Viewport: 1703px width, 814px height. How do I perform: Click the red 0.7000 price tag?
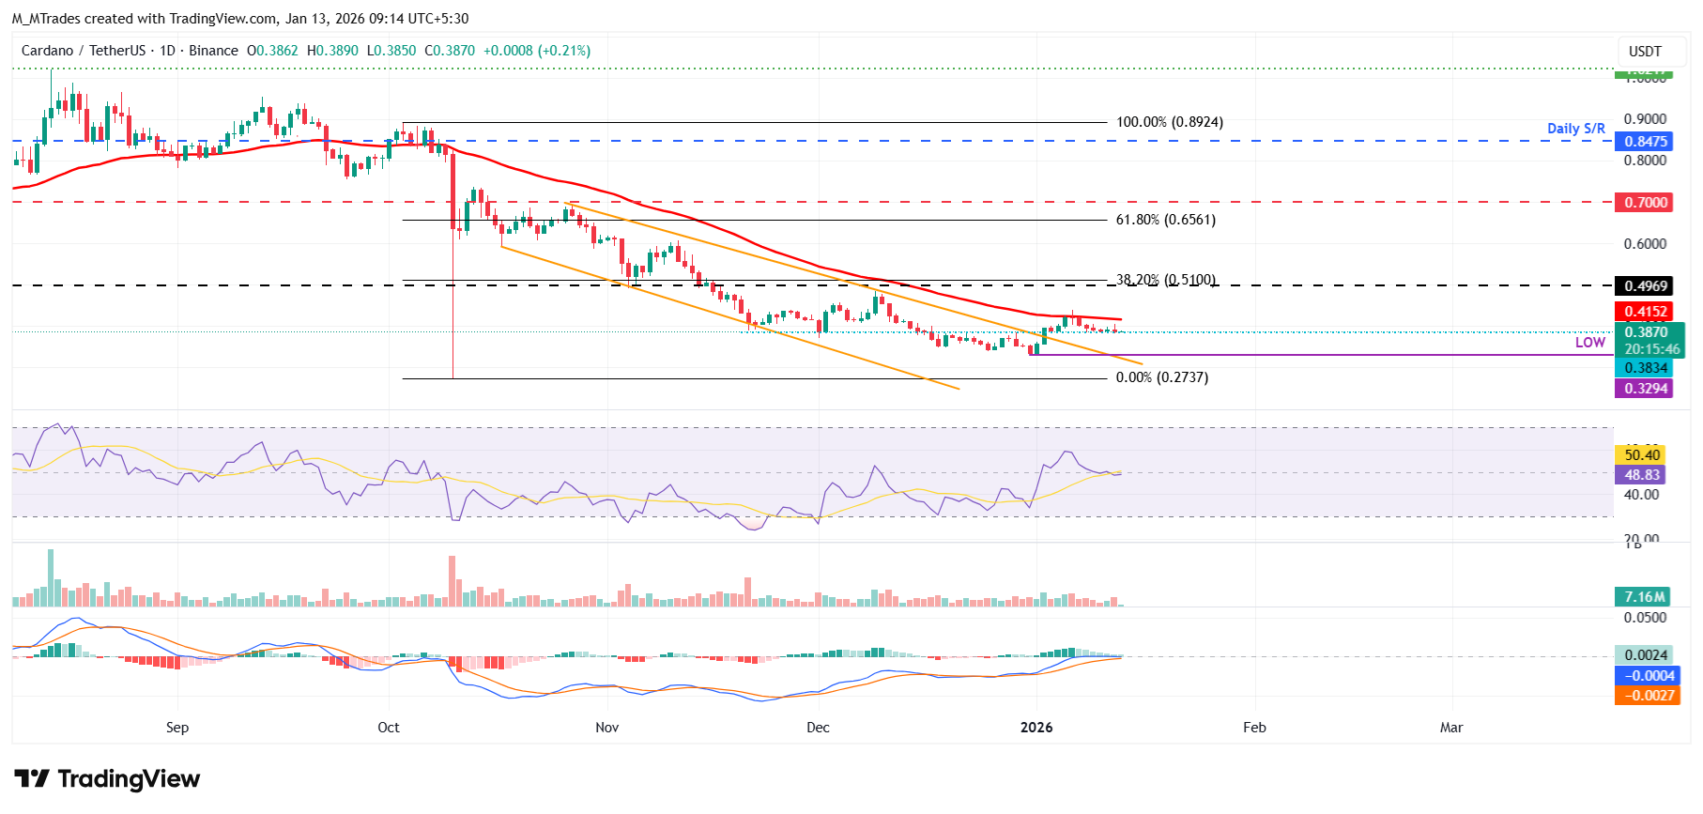pos(1645,203)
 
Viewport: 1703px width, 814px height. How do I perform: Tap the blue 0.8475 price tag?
pos(1645,142)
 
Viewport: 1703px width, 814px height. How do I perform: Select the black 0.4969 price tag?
pos(1645,286)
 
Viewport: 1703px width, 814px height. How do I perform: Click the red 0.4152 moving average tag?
pos(1645,312)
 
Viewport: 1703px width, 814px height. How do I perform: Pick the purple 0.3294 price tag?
pos(1645,389)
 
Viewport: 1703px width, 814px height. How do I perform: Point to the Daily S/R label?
pos(1575,129)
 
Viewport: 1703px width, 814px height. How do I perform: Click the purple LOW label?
pos(1589,343)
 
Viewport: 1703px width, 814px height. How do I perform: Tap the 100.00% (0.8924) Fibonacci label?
pos(1169,122)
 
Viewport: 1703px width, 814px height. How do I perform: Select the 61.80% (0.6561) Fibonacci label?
pos(1165,220)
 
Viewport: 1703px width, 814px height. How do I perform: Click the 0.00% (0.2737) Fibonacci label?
pos(1161,377)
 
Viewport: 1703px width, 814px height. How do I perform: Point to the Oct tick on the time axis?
pos(388,728)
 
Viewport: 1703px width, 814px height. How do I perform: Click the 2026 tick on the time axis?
pos(1036,728)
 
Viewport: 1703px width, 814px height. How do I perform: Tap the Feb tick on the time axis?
pos(1254,728)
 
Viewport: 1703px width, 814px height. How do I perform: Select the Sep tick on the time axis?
pos(176,728)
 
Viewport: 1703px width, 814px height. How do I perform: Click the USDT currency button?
pos(1645,52)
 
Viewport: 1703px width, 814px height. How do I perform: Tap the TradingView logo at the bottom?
pos(107,779)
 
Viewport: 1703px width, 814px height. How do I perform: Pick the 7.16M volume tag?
pos(1645,597)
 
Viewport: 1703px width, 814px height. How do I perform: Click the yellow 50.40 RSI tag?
pos(1642,455)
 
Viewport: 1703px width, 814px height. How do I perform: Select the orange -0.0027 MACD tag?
pos(1647,696)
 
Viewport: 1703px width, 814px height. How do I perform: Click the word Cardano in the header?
pos(47,51)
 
